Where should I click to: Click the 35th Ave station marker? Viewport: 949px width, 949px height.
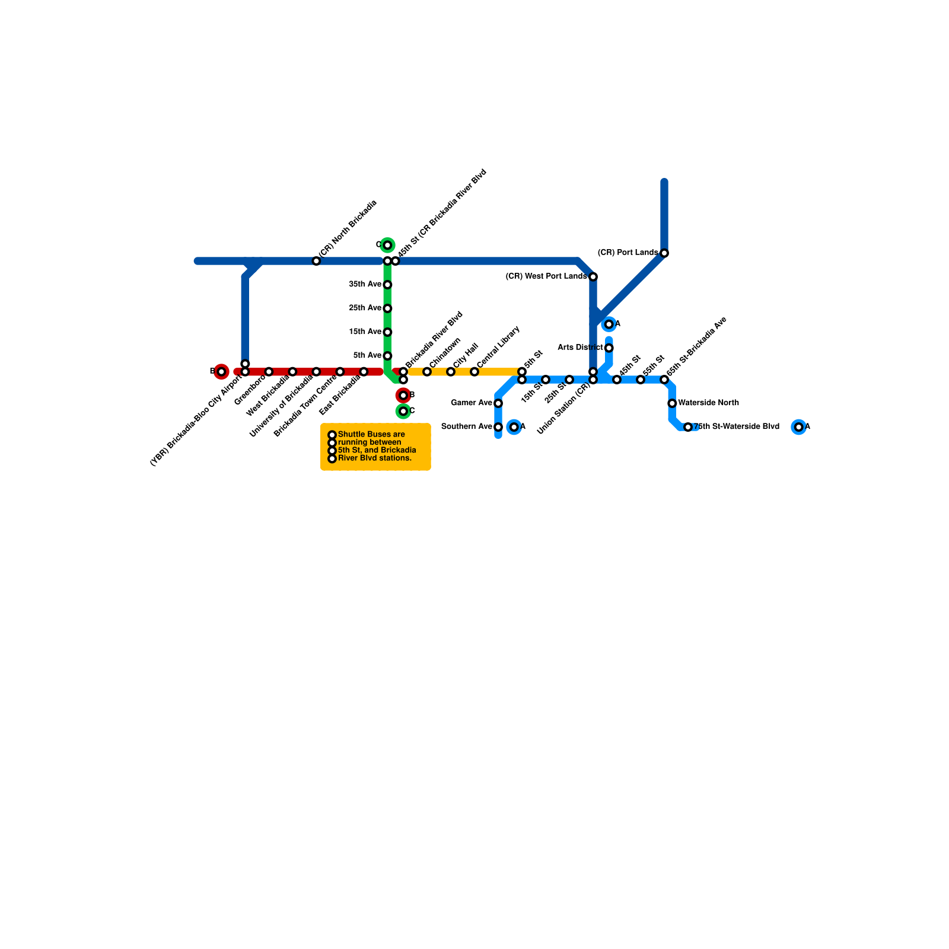(387, 285)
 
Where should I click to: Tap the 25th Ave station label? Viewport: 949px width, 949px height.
(365, 308)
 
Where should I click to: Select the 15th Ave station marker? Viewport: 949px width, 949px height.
(387, 332)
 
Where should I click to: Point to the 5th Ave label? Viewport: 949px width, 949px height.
(367, 355)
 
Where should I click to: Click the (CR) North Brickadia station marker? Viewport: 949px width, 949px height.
(316, 261)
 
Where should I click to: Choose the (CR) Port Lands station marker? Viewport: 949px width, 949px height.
(664, 253)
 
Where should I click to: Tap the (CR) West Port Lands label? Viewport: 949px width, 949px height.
(546, 276)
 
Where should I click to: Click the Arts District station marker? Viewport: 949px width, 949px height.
(609, 348)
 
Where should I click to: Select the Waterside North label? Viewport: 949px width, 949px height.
(708, 403)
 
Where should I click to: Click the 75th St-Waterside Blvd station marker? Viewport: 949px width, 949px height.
(688, 427)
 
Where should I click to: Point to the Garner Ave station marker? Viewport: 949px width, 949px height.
(498, 403)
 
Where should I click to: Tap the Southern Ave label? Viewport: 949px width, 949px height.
(466, 426)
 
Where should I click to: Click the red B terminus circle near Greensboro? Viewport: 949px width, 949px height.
(221, 372)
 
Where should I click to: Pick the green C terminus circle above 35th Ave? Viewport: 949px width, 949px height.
(387, 245)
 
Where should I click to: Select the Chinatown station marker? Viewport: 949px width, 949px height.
(427, 372)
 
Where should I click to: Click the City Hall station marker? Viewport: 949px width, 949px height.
(451, 372)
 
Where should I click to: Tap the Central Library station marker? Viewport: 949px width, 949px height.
(474, 372)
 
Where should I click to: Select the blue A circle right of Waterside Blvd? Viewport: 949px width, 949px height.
(799, 427)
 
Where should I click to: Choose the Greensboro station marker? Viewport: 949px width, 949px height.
(269, 372)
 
